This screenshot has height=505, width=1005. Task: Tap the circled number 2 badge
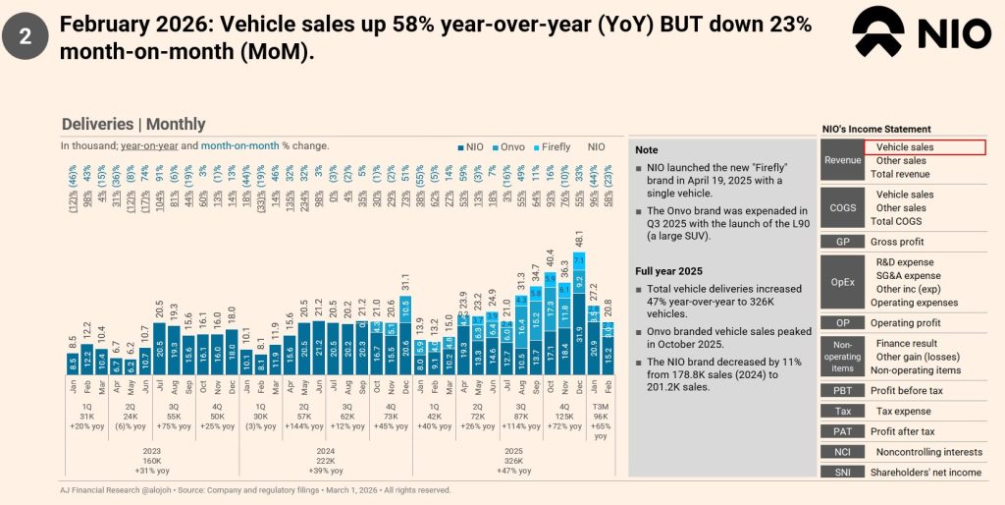[x=25, y=37]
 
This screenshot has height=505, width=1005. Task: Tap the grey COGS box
[x=842, y=208]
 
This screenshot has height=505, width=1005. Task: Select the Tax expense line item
[x=903, y=411]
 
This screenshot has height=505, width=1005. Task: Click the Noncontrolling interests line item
[x=928, y=452]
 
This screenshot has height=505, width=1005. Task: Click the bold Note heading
[x=647, y=150]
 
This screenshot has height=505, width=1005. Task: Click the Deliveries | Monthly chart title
[x=133, y=124]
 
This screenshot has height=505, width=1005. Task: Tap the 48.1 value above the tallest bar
[x=579, y=240]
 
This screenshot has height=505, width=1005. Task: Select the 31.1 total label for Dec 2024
[x=405, y=282]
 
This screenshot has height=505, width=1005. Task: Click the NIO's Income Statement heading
[x=875, y=129]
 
